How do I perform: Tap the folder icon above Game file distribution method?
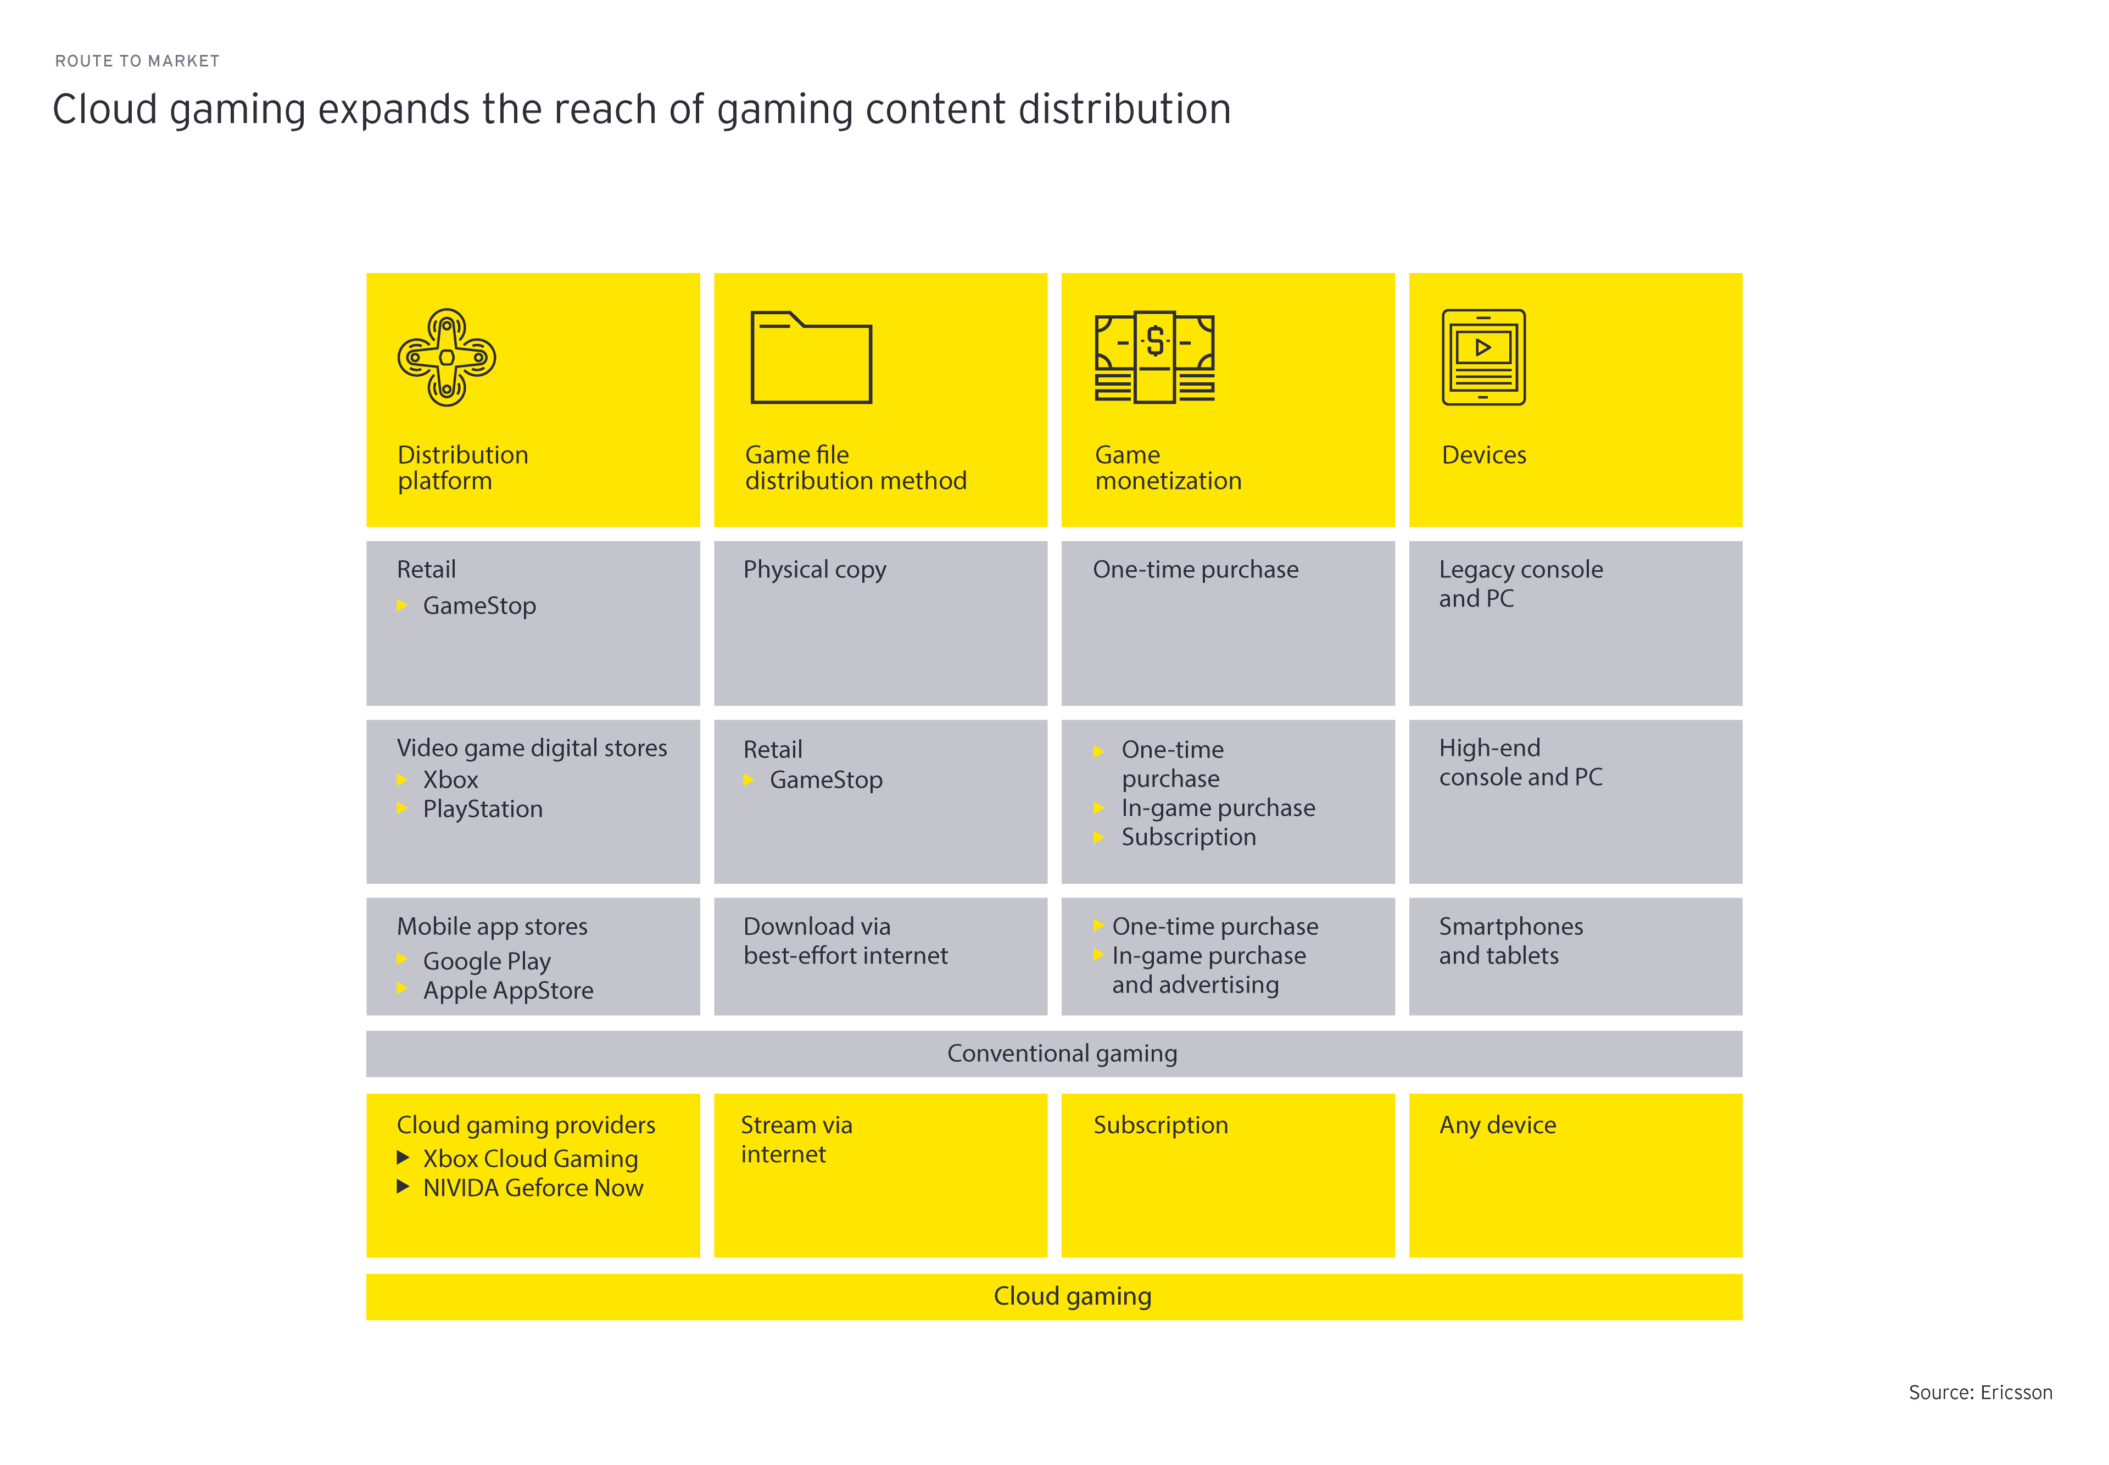point(811,357)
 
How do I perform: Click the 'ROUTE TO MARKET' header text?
point(138,60)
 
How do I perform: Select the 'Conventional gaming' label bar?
point(1061,1053)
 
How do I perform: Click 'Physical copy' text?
point(814,570)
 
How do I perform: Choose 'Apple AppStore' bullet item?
point(507,990)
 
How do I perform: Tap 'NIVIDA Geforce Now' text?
point(532,1188)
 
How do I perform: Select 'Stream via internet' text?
point(796,1139)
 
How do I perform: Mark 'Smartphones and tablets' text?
point(1510,941)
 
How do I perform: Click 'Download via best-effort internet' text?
point(844,941)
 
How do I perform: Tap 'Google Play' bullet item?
point(487,961)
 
